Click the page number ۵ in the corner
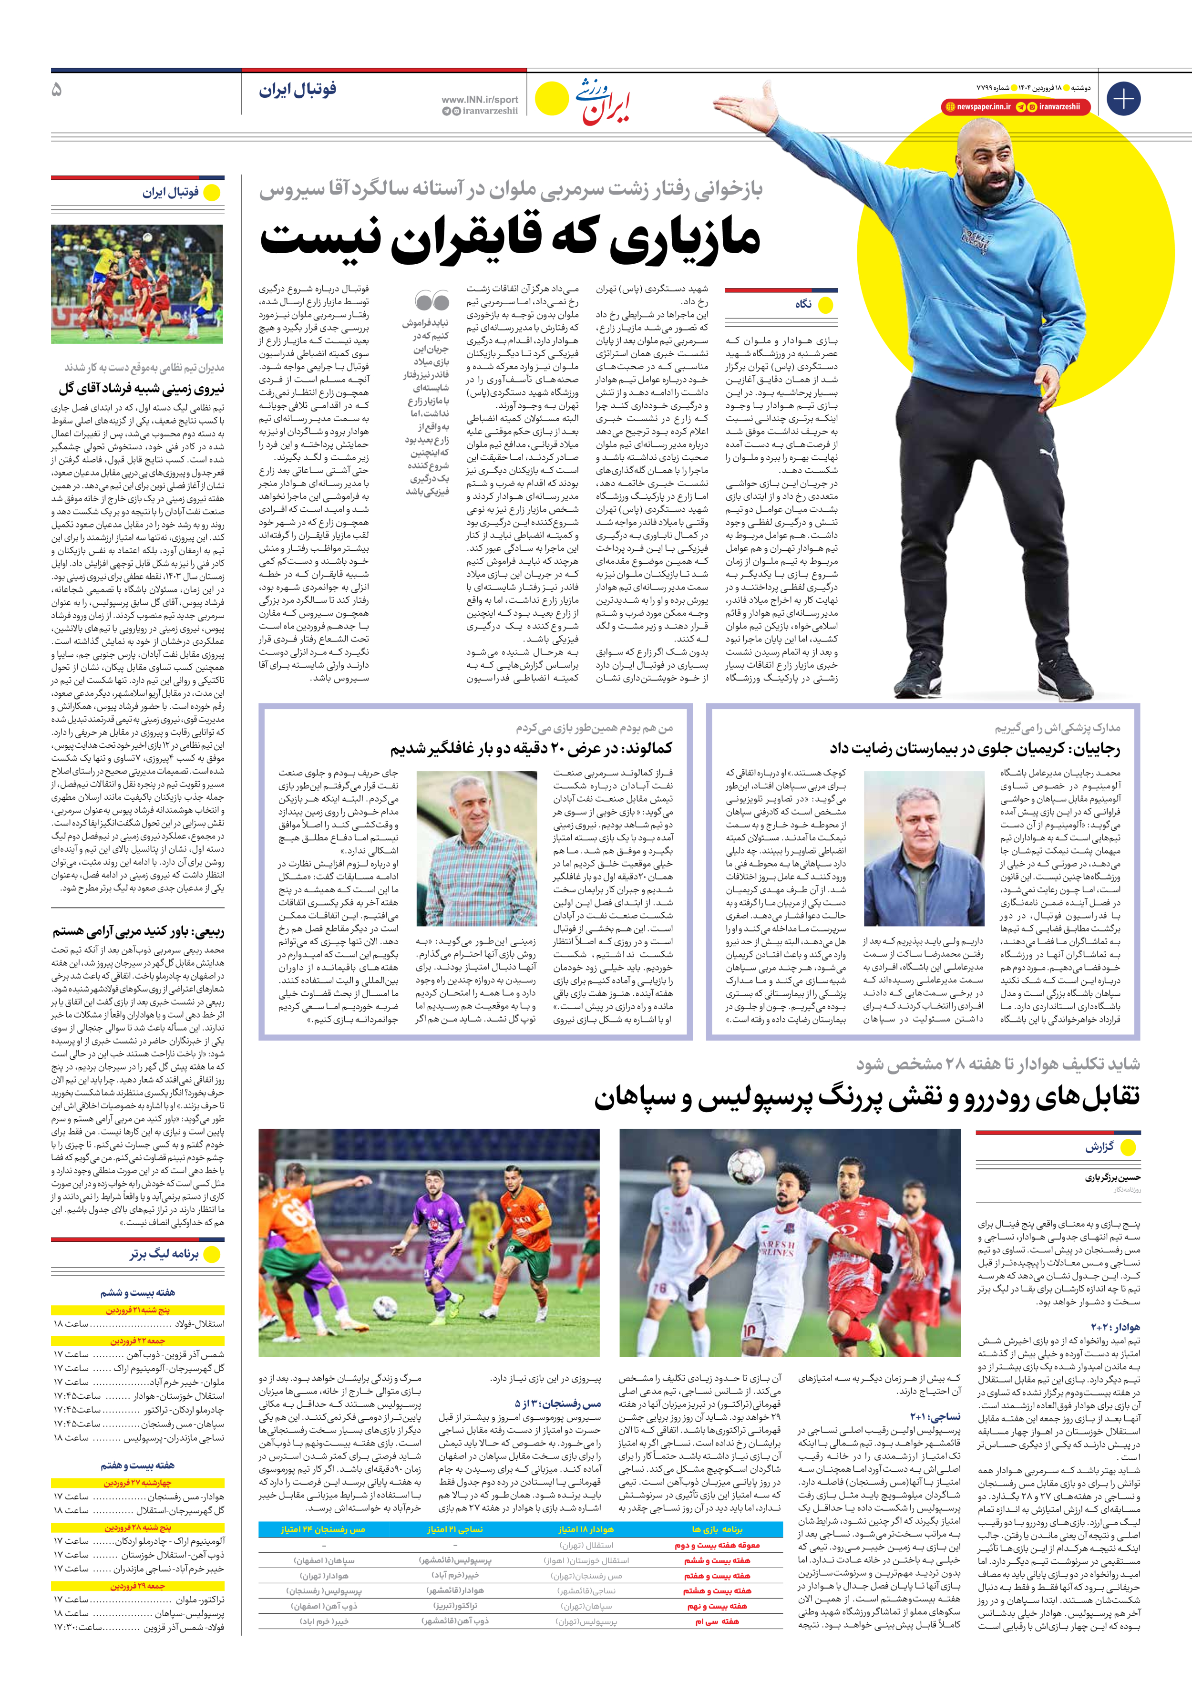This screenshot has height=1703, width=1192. point(57,90)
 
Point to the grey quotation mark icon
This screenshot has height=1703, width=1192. point(432,300)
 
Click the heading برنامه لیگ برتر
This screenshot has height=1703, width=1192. point(164,1254)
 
